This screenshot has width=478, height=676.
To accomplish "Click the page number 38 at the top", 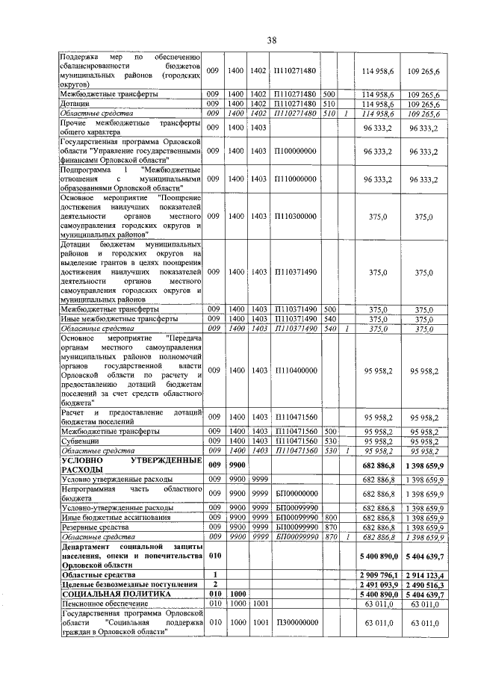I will tap(272, 40).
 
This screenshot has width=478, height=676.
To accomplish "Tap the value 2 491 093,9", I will tap(374, 584).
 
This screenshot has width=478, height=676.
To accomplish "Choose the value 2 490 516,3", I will tap(423, 584).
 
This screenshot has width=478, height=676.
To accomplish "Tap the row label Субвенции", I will tap(81, 441).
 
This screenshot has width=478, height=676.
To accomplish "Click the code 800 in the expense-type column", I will tap(328, 517).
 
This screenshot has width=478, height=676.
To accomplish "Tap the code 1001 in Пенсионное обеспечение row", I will tap(259, 603).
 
